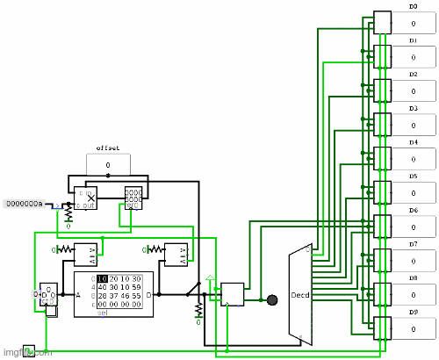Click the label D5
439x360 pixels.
(413, 176)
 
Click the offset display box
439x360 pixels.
(108, 164)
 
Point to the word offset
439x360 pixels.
(108, 148)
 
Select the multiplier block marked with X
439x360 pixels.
(86, 198)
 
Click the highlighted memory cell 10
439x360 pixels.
(102, 278)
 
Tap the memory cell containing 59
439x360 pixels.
(136, 287)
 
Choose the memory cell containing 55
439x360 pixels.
(136, 296)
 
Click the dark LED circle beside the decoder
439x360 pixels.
(272, 299)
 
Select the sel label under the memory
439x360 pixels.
(102, 313)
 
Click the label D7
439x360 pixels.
(413, 243)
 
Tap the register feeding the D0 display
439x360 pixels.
(381, 20)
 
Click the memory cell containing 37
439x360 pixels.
(113, 296)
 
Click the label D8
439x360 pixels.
(413, 277)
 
